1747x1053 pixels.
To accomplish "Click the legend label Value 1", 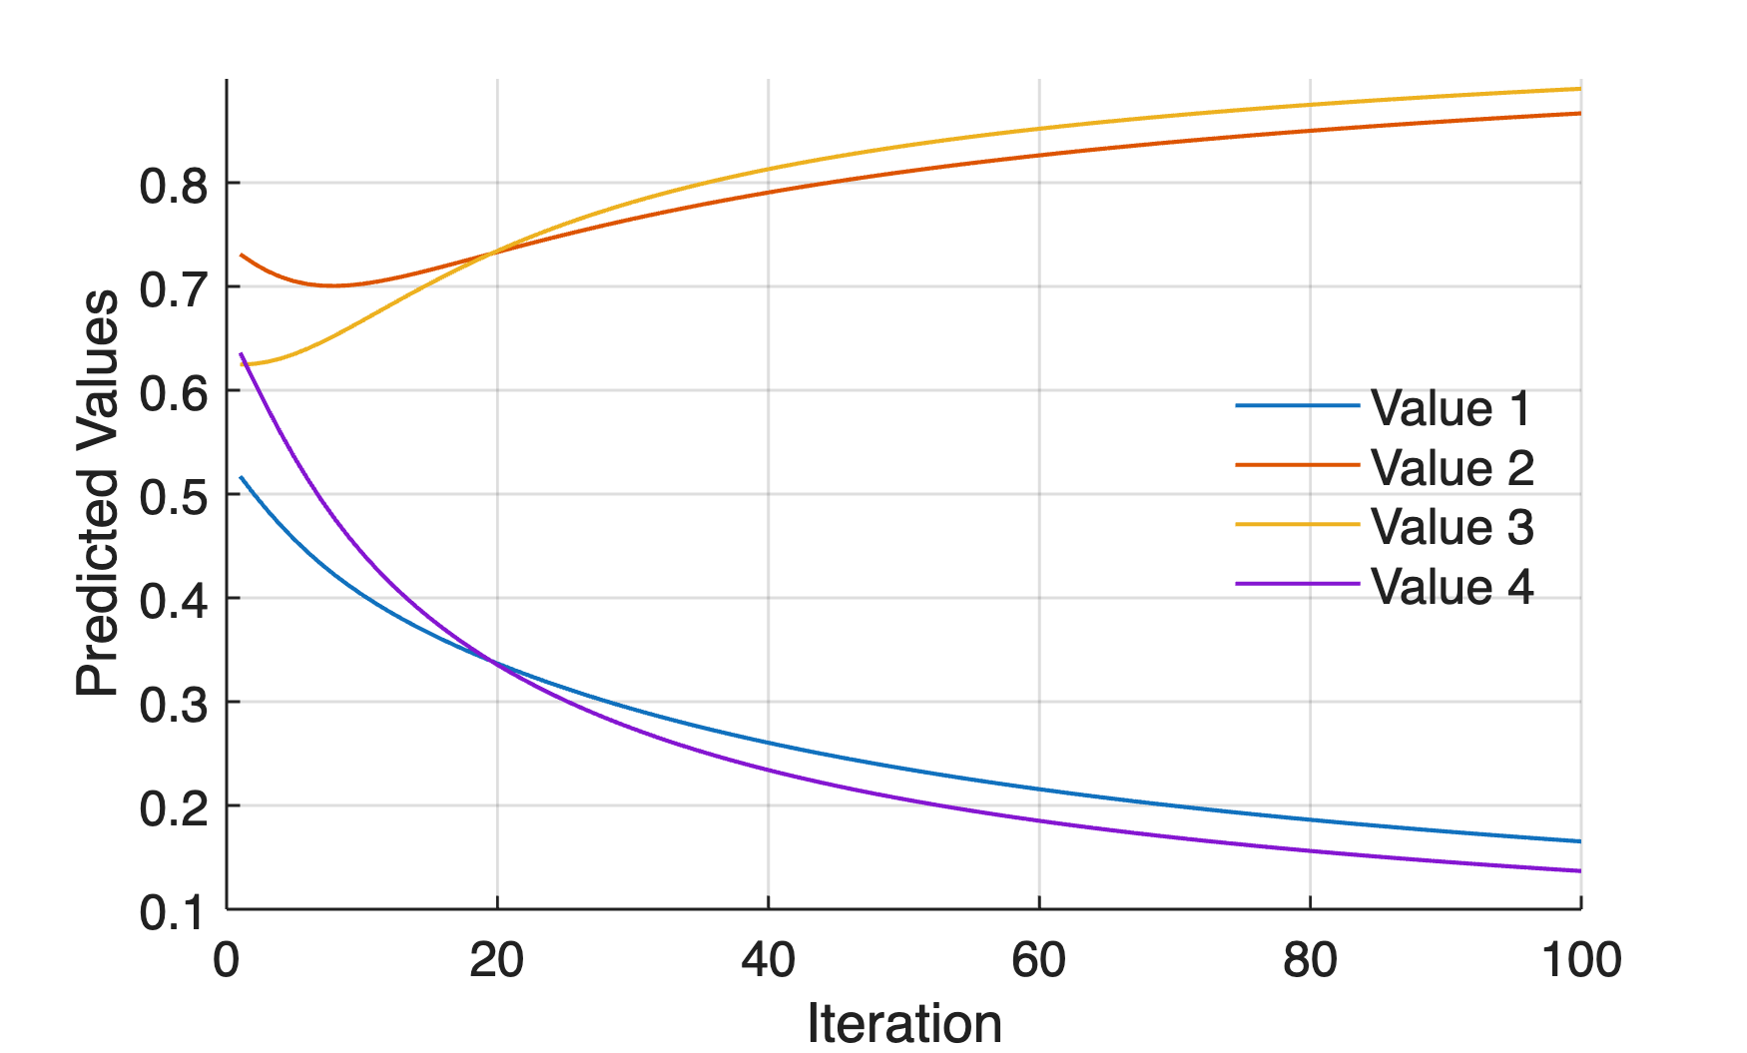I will (1451, 408).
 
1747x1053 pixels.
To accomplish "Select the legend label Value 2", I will (1452, 467).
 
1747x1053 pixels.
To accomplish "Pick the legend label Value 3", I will (1452, 526).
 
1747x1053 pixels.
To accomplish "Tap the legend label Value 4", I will (1452, 586).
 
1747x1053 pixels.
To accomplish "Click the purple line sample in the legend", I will (1297, 584).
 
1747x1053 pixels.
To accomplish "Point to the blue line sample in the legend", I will (1297, 406).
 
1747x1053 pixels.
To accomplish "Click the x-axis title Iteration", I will (903, 1023).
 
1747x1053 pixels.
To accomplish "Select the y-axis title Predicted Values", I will (98, 493).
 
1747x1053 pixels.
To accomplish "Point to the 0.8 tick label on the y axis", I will (174, 186).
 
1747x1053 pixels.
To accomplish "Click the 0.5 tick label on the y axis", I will (174, 497).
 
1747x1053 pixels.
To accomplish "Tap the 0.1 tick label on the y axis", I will (174, 912).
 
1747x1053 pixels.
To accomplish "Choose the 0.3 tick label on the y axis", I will (174, 705).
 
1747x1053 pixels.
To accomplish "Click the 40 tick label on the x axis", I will (768, 960).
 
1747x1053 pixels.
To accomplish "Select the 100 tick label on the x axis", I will (1580, 960).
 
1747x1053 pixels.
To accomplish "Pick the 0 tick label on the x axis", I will (227, 960).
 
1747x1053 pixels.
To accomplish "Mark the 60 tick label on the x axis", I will (1038, 960).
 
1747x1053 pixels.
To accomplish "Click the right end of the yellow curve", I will (1579, 89).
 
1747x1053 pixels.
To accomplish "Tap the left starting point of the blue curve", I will (241, 477).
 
